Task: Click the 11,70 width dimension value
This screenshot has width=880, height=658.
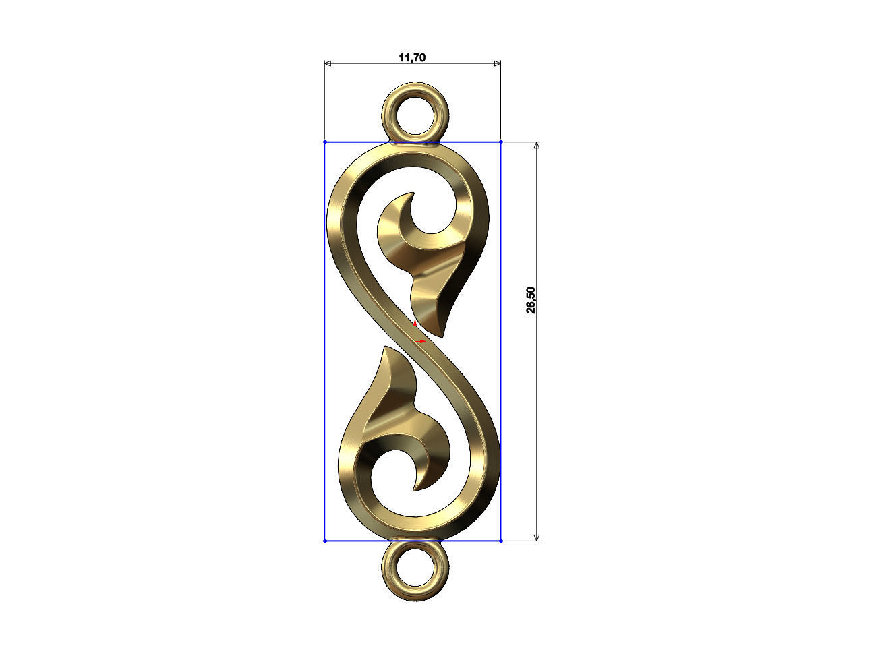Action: click(x=412, y=58)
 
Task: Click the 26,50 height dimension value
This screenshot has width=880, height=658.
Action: click(x=531, y=300)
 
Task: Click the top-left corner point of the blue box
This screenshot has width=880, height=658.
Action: click(x=325, y=142)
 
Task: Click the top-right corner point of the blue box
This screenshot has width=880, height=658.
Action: click(x=501, y=142)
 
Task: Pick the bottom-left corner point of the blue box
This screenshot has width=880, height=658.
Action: click(x=325, y=541)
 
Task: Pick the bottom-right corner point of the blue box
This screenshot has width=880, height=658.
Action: click(x=501, y=541)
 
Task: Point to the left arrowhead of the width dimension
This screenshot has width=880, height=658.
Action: click(x=328, y=64)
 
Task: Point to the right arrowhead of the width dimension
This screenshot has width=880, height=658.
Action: click(x=498, y=64)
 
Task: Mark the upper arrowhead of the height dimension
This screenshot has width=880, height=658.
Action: click(x=537, y=146)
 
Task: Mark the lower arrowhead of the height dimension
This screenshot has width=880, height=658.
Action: click(x=537, y=537)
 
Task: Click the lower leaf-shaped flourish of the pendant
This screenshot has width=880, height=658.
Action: click(x=398, y=411)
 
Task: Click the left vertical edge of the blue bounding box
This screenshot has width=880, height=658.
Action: click(x=325, y=337)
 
